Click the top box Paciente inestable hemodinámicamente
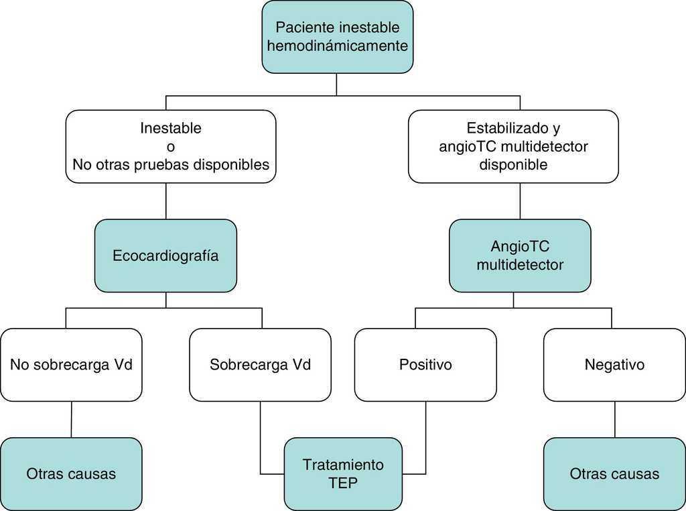(x=337, y=37)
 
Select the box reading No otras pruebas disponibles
(x=171, y=146)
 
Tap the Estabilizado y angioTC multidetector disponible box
(x=513, y=146)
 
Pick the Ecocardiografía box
(x=165, y=255)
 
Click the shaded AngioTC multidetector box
(x=520, y=255)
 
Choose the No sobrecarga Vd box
(x=71, y=365)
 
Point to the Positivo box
(x=425, y=365)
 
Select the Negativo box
(x=614, y=365)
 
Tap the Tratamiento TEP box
(x=343, y=473)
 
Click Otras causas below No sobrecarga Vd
(x=71, y=473)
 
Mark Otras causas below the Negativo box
(x=614, y=473)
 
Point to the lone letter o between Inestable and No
(x=171, y=146)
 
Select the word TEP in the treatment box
(x=343, y=483)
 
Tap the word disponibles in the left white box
(x=236, y=164)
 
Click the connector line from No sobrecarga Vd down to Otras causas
(x=71, y=419)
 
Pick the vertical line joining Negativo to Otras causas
(x=614, y=419)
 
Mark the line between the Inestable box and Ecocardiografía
(x=165, y=201)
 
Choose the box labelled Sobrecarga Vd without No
(x=260, y=365)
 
